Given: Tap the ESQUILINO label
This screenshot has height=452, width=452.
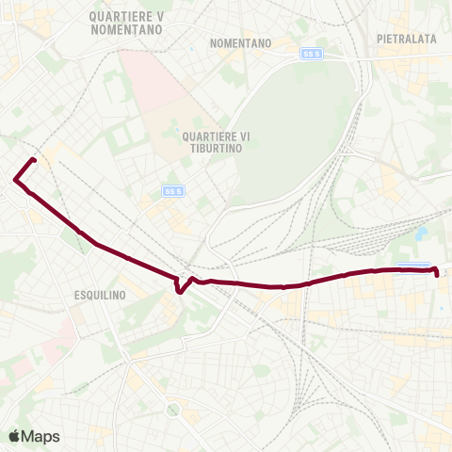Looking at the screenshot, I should pos(99,295).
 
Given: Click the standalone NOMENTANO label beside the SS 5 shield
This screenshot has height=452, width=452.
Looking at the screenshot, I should pos(241,43).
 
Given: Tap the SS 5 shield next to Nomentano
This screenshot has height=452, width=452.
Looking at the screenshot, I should pos(312,54).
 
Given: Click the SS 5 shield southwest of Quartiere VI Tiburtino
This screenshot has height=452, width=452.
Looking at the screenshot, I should pos(171,191).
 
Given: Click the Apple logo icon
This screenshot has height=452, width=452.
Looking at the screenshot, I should pos(15,436).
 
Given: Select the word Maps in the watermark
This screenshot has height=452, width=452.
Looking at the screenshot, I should pos(40,436).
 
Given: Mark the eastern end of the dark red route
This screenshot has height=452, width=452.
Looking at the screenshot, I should pos(438,272).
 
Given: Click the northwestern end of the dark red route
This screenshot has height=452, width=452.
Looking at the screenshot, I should pos(34,159).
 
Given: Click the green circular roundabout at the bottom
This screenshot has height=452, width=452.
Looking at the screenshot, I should pos(171,410).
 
